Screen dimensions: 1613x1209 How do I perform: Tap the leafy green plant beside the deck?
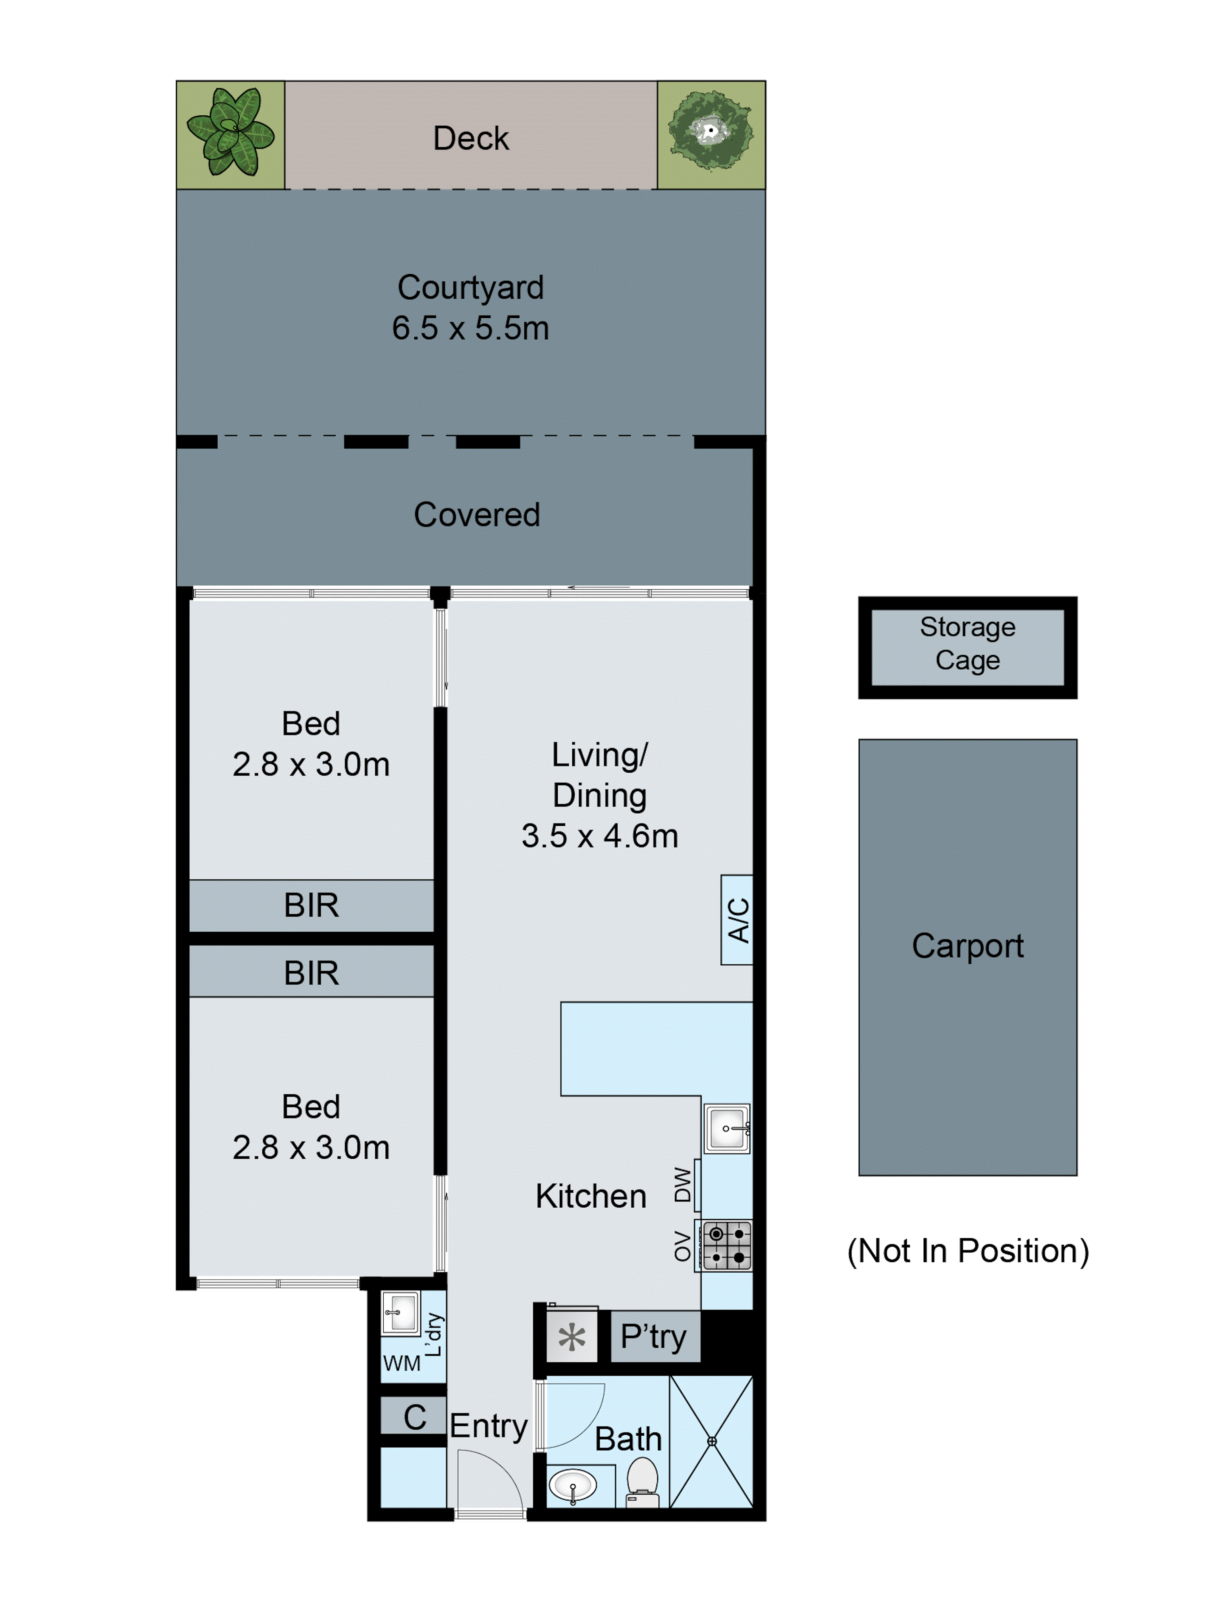pyautogui.click(x=231, y=132)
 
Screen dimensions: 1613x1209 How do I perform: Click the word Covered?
pyautogui.click(x=476, y=514)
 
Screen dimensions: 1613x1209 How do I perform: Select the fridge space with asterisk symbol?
pyautogui.click(x=572, y=1337)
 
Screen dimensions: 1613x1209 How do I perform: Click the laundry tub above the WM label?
pyautogui.click(x=400, y=1313)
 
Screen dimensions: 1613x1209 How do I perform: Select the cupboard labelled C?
pyautogui.click(x=414, y=1417)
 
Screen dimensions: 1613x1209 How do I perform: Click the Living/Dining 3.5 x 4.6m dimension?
pyautogui.click(x=599, y=836)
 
